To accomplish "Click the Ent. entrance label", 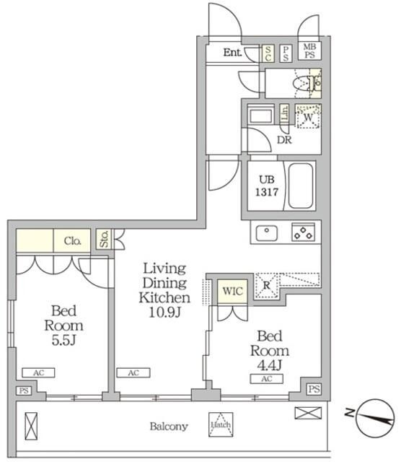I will (x=232, y=52).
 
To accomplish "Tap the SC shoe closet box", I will (x=268, y=52).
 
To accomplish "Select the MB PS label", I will (x=309, y=51).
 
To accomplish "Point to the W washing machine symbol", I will (x=308, y=117).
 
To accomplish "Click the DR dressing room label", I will (x=285, y=140).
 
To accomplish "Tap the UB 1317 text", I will (x=262, y=186).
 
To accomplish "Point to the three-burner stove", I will (x=302, y=232).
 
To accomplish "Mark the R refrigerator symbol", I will (x=266, y=284).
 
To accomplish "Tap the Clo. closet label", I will (x=71, y=240).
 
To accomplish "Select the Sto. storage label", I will (x=104, y=240).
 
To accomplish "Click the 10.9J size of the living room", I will (x=165, y=311).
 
